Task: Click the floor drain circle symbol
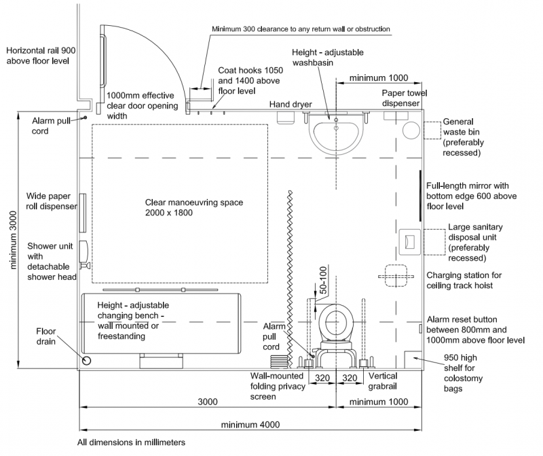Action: point(87,360)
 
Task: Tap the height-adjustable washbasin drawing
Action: point(335,131)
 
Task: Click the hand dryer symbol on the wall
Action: point(286,116)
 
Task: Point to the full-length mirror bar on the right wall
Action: point(422,196)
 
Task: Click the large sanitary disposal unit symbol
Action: point(411,240)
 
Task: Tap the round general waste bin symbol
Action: point(411,130)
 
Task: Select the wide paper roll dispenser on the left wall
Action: point(82,212)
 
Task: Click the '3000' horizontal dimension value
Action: point(208,402)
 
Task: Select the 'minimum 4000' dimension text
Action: point(250,425)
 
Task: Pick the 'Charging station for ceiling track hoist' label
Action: point(464,280)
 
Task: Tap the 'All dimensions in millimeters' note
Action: point(131,442)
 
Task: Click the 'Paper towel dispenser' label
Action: point(405,98)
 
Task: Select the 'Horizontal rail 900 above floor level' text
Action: point(41,56)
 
